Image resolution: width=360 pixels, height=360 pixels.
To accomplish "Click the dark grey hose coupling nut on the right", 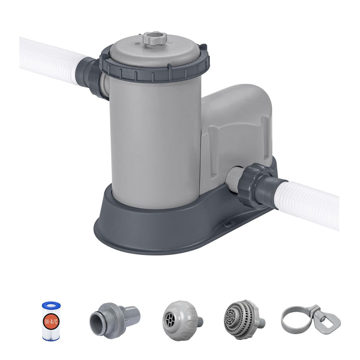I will [259, 186].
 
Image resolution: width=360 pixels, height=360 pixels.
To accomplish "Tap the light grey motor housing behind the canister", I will [237, 129].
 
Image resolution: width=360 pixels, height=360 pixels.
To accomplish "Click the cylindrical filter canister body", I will [154, 144].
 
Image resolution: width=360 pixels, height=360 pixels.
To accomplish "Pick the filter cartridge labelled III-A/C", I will [51, 320].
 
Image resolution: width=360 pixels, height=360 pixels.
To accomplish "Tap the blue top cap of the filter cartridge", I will [51, 305].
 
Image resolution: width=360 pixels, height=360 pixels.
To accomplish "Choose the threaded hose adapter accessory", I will [114, 319].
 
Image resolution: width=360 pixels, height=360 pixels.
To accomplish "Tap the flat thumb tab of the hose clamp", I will [329, 322].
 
